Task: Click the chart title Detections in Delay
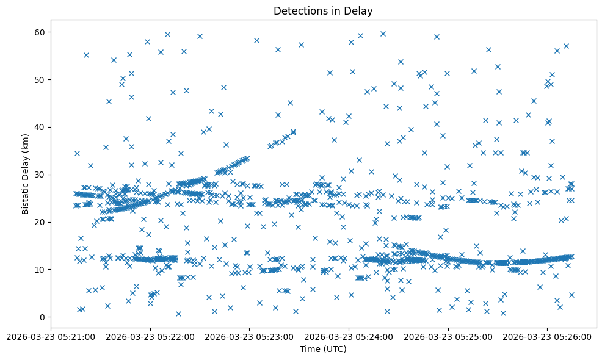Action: [323, 11]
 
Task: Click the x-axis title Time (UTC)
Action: [323, 349]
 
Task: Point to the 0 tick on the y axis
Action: [43, 317]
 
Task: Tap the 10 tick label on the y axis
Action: [40, 270]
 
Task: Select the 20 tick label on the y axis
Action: [40, 222]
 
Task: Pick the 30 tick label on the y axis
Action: [40, 175]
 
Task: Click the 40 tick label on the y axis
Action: [40, 127]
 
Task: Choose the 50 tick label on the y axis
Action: [40, 79]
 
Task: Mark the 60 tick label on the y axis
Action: [40, 32]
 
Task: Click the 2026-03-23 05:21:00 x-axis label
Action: [51, 336]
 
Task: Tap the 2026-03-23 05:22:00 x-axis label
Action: [150, 336]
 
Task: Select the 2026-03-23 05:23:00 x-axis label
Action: [250, 336]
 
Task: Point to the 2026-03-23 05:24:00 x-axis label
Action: [349, 336]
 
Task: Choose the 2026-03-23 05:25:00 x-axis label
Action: [448, 336]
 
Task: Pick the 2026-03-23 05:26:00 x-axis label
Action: [548, 336]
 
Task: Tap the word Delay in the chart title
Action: [360, 11]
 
